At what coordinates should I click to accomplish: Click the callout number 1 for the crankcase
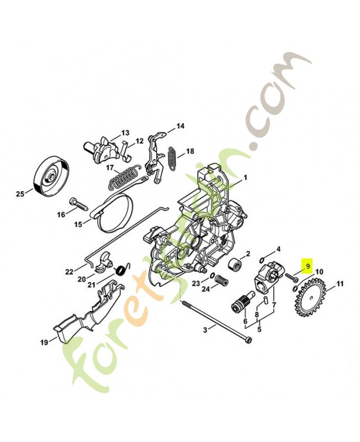[246, 178]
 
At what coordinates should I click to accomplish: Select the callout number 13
[125, 133]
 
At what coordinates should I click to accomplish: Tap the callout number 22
[69, 271]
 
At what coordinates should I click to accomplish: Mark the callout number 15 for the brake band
[78, 224]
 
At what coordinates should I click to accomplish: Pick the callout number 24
[205, 289]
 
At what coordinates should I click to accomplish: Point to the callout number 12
[139, 141]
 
